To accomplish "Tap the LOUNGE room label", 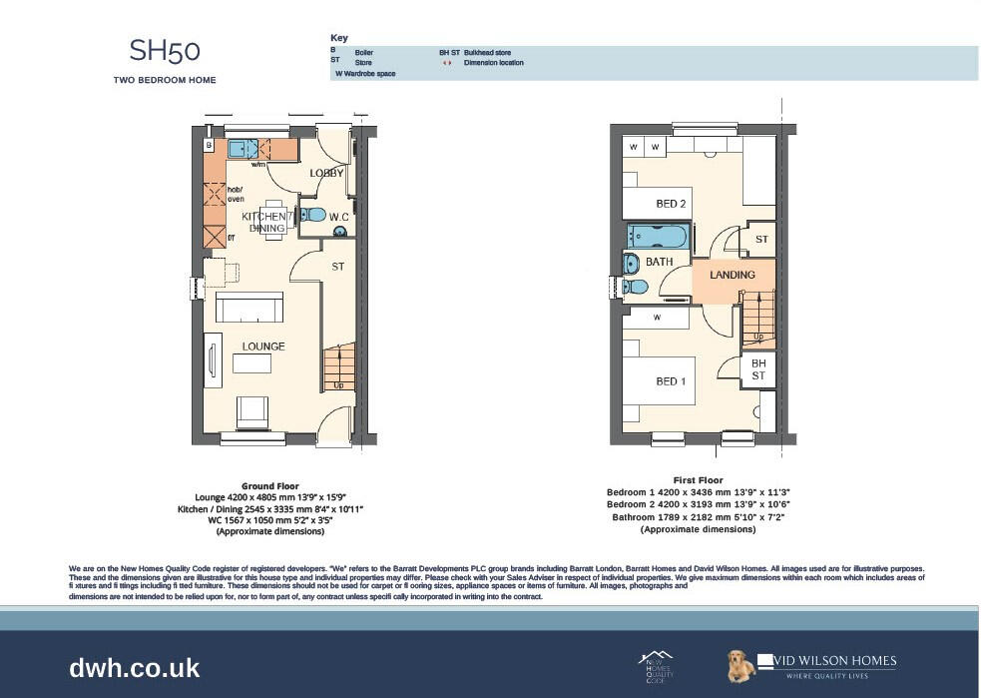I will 262,347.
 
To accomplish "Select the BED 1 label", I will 671,381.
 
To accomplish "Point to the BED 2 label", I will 671,204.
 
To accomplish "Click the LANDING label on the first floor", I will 732,276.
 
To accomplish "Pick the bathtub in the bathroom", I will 658,237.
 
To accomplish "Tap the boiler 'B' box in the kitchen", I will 209,146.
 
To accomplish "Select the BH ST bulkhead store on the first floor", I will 758,369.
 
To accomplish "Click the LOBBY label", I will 326,173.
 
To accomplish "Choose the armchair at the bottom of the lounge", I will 251,409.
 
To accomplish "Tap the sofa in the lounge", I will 252,309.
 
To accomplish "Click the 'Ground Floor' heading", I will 269,486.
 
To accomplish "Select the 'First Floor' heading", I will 698,480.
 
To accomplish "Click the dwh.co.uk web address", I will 135,667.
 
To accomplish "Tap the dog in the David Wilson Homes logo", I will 739,667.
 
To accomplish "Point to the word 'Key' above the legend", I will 339,38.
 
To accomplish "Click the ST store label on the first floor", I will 761,240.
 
